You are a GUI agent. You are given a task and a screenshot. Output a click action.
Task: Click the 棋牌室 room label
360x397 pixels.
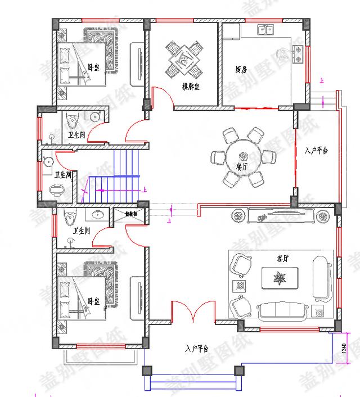(x=192, y=86)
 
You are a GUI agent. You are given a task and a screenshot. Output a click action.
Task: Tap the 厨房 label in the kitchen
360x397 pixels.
(x=241, y=70)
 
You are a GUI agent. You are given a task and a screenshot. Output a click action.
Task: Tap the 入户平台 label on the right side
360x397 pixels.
(x=316, y=151)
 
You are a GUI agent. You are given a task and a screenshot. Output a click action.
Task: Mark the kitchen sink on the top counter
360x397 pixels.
(x=265, y=29)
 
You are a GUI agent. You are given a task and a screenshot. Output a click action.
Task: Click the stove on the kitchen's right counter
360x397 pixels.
(x=298, y=53)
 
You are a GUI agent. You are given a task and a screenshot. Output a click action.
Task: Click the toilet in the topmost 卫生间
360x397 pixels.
(x=70, y=119)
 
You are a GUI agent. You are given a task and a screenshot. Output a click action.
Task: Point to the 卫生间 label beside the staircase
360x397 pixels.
(x=63, y=175)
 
